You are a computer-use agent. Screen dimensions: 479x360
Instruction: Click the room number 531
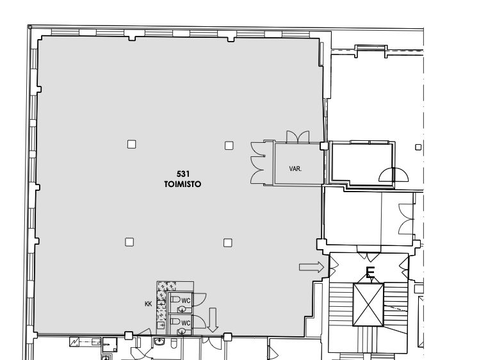tap(183, 174)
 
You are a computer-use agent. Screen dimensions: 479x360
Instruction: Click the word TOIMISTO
tap(183, 184)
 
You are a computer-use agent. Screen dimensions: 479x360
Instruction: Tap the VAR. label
tap(295, 168)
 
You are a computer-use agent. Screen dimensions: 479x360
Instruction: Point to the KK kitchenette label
tap(148, 304)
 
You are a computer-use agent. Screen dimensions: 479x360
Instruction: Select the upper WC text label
tap(186, 300)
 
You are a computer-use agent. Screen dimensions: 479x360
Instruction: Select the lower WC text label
tap(186, 323)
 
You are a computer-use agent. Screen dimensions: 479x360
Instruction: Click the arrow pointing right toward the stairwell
tap(311, 267)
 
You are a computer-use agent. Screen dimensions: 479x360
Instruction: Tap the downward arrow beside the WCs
tap(213, 320)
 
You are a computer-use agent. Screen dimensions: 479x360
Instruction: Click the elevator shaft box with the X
tap(368, 305)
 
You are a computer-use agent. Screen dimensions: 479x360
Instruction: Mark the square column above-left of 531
tap(132, 144)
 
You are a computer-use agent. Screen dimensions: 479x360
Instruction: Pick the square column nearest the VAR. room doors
tap(229, 145)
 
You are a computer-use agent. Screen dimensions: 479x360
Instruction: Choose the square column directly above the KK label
tap(129, 242)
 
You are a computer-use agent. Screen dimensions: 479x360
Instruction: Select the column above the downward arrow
tap(227, 243)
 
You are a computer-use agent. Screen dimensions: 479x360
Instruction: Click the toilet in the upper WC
tap(175, 299)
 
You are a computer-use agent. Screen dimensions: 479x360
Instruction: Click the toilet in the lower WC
tap(175, 322)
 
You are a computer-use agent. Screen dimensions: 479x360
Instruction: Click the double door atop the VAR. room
tap(298, 137)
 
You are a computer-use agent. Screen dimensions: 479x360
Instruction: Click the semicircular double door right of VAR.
tap(393, 175)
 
